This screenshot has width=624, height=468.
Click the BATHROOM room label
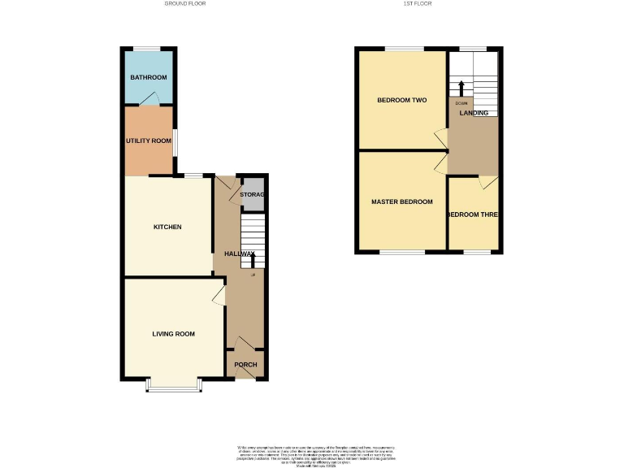click(149, 77)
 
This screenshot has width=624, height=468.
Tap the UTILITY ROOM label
click(149, 141)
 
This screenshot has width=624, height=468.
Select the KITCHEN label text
click(167, 227)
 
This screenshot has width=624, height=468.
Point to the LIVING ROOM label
click(174, 334)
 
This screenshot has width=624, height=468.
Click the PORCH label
click(245, 365)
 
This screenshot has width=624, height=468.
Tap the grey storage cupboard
click(253, 195)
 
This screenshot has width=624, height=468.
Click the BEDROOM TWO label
click(401, 101)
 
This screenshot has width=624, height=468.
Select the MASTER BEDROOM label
click(401, 201)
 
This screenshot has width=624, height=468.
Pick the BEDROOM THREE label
click(473, 214)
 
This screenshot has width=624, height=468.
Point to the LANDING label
click(474, 113)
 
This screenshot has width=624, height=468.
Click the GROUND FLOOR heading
click(185, 4)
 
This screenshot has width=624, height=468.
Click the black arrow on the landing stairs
click(461, 86)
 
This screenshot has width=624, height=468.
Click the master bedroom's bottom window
click(402, 252)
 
